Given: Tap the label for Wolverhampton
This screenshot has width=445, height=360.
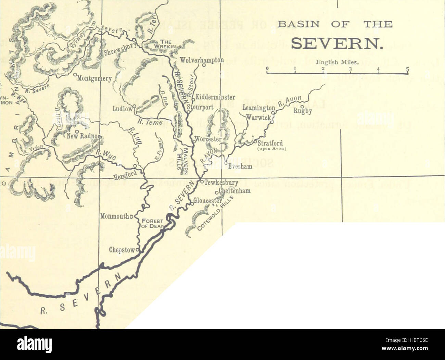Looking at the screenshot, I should click(x=202, y=60).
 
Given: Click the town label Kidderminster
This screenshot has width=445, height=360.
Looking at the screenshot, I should click(x=215, y=97).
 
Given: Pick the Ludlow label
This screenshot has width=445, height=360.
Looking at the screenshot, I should click(x=122, y=109).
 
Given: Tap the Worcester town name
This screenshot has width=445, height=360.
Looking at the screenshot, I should click(x=208, y=139).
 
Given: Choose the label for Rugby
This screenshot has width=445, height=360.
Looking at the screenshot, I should click(x=303, y=111).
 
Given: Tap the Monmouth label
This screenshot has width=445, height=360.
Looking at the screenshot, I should click(x=115, y=216).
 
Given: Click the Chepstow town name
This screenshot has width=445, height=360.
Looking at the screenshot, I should click(x=122, y=250).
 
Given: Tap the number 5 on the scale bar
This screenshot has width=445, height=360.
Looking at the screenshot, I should click(x=407, y=69).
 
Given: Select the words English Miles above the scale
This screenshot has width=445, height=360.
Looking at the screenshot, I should click(x=336, y=62).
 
